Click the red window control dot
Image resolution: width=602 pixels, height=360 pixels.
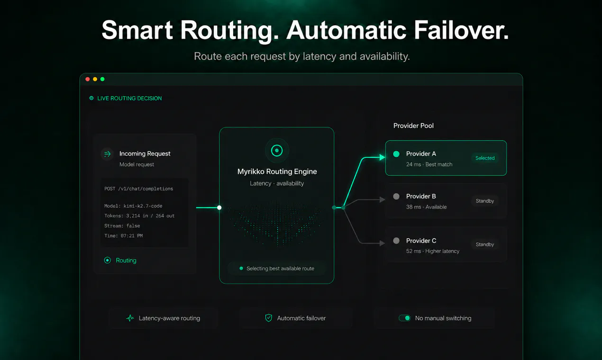pyautogui.click(x=88, y=79)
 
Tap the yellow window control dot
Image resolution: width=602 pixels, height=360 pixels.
pyautogui.click(x=95, y=79)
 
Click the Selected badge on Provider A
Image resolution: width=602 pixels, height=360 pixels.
pyautogui.click(x=485, y=158)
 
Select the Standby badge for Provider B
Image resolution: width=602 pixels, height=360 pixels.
pyautogui.click(x=485, y=201)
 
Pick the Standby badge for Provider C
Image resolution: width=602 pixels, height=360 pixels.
pyautogui.click(x=485, y=244)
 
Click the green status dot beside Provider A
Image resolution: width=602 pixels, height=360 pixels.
pyautogui.click(x=396, y=154)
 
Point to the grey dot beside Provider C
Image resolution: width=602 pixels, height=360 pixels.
pyautogui.click(x=396, y=241)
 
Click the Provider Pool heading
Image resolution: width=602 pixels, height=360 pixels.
pyautogui.click(x=413, y=126)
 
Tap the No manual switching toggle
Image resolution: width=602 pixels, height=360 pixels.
pyautogui.click(x=404, y=318)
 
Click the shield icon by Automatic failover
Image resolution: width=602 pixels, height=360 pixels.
pyautogui.click(x=268, y=318)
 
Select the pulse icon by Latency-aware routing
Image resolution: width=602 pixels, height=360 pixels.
pyautogui.click(x=130, y=318)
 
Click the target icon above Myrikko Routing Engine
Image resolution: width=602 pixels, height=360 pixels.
pyautogui.click(x=277, y=151)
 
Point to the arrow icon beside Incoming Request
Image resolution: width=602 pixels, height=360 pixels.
pyautogui.click(x=107, y=154)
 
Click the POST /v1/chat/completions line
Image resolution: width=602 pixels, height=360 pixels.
pyautogui.click(x=139, y=189)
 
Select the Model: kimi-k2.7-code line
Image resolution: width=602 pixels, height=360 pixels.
pyautogui.click(x=133, y=206)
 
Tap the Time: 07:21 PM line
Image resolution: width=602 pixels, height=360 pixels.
pyautogui.click(x=123, y=236)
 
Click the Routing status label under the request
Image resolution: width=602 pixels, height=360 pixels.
pyautogui.click(x=126, y=261)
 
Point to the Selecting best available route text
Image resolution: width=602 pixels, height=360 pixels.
pyautogui.click(x=280, y=269)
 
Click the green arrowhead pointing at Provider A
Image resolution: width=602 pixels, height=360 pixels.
pyautogui.click(x=382, y=157)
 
